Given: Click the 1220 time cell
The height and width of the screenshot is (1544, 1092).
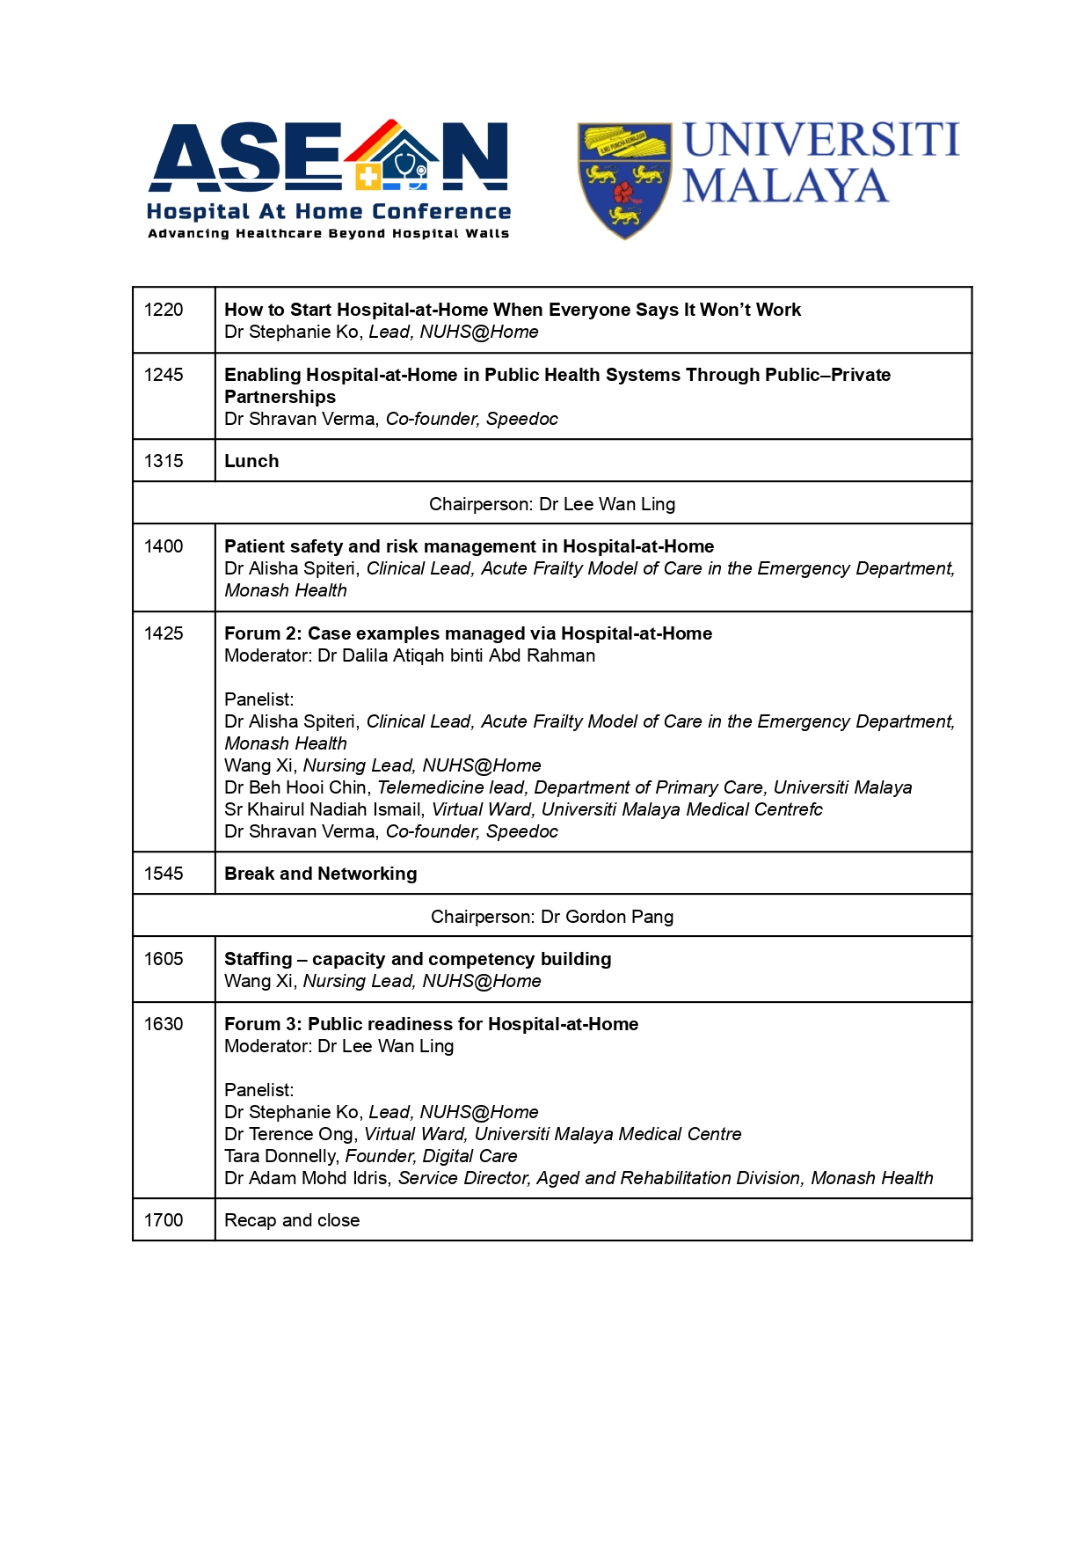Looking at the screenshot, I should coord(164,310).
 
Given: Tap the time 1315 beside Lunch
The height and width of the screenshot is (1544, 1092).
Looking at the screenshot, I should coord(164,461).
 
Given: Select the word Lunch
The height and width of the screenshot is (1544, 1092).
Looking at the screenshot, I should coord(251,461).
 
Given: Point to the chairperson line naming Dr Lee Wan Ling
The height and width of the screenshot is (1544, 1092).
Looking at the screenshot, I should coord(552,504).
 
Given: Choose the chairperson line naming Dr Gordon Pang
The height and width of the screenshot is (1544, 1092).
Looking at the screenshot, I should coord(552,917).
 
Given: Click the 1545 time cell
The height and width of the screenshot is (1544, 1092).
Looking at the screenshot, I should coord(164,874).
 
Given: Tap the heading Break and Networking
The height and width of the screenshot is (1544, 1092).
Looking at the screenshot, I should coord(320,874).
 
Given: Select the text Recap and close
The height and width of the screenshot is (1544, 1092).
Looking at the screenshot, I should coord(292,1220).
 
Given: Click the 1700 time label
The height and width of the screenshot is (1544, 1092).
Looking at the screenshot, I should coord(164,1220).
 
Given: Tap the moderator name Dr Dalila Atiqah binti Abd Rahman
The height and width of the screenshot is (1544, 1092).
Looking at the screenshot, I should coord(455,655).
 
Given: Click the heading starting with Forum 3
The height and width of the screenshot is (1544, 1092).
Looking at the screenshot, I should coord(431,1024).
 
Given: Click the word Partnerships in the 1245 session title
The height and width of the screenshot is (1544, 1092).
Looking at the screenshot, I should coord(280,397).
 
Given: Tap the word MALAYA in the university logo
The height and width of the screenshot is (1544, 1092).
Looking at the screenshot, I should coord(785,187).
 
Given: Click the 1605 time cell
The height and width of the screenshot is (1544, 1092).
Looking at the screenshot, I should coord(164,959).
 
